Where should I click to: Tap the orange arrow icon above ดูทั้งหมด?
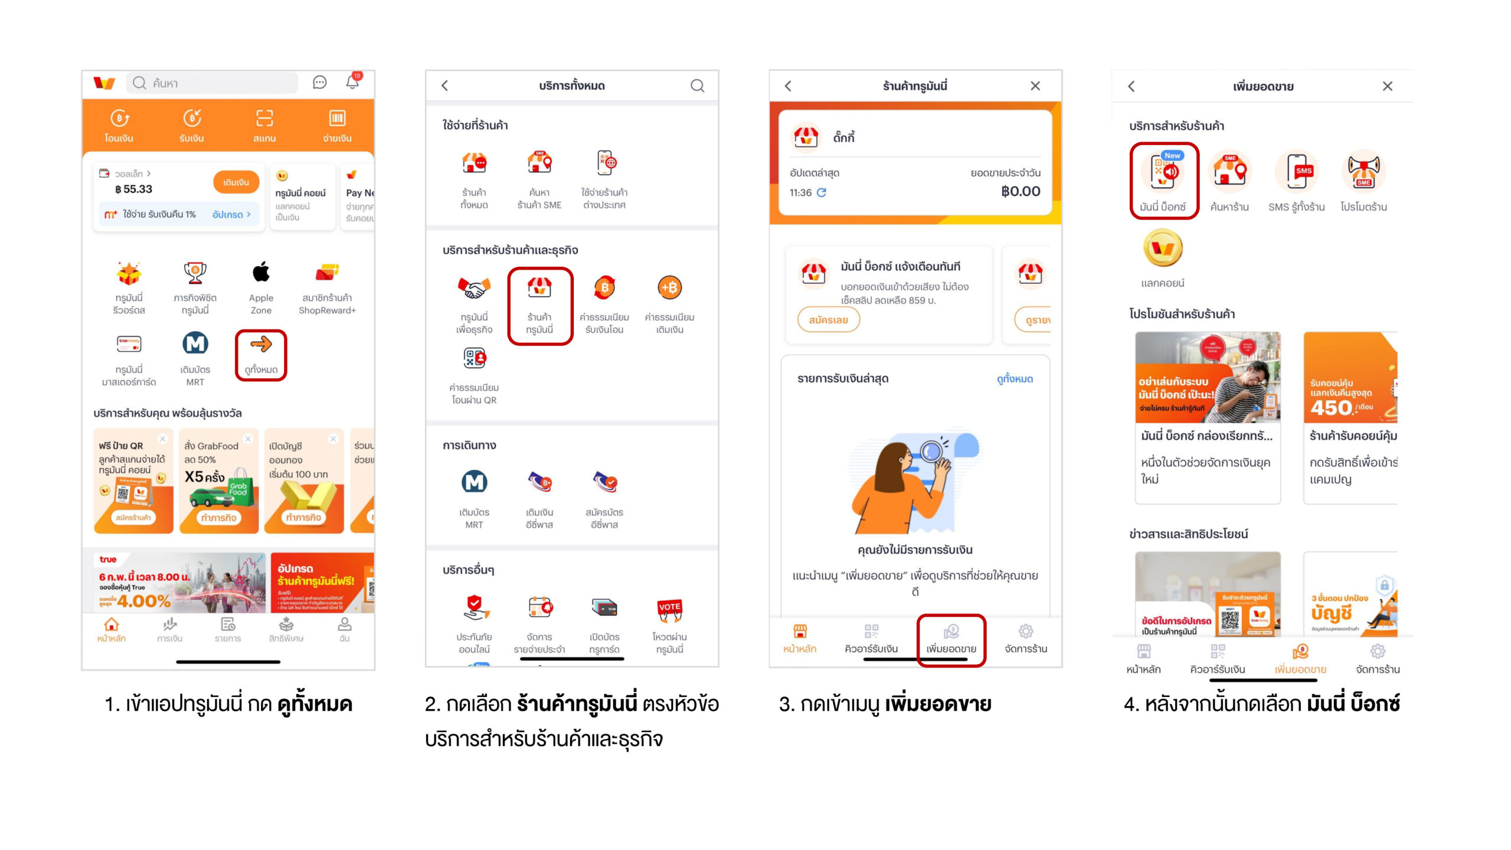coord(261,345)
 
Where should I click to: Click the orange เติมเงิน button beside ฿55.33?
coord(236,182)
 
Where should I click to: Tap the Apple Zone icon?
coord(261,273)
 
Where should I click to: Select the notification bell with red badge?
coord(353,82)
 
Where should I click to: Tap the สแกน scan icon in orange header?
coord(264,119)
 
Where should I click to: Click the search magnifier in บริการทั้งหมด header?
coord(697,86)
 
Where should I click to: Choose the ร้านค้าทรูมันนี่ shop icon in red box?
coord(539,288)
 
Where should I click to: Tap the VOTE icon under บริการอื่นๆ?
coord(669,609)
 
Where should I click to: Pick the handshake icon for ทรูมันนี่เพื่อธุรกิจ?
coord(474,288)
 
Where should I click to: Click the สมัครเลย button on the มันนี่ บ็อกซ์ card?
coord(828,320)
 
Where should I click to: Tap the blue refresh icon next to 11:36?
coord(821,192)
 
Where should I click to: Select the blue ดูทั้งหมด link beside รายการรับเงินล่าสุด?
coord(1015,379)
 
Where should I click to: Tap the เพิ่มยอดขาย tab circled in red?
coord(951,639)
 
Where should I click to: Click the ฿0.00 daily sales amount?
coord(1021,191)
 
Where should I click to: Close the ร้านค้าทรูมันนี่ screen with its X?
coord(1035,86)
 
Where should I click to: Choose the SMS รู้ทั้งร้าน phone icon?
coord(1297,172)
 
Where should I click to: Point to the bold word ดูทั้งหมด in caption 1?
coord(315,704)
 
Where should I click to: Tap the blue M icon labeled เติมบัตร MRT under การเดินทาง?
coord(474,482)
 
